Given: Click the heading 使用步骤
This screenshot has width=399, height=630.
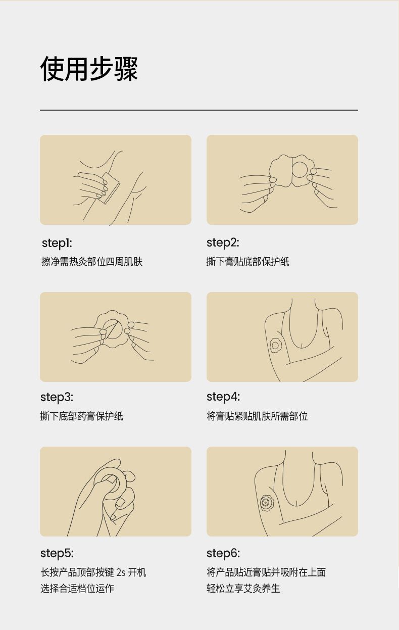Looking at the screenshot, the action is [89, 69].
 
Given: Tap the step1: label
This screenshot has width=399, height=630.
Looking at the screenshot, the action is [57, 243].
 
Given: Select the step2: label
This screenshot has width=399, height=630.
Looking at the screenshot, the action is [223, 243].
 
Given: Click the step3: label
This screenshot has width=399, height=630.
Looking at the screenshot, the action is [57, 397].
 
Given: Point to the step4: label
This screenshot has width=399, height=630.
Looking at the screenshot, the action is [223, 397].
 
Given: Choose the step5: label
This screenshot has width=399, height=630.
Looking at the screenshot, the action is [57, 553].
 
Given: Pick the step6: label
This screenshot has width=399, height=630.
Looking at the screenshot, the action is [223, 553].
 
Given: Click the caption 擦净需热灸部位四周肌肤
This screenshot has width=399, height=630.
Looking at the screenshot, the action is [92, 262].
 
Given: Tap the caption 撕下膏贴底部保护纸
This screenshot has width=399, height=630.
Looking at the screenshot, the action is [247, 262].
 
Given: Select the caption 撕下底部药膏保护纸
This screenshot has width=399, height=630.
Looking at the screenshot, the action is [81, 416].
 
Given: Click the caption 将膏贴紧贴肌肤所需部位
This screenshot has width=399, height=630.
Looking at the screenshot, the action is [257, 416].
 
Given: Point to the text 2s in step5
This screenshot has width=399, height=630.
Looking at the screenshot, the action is [121, 572].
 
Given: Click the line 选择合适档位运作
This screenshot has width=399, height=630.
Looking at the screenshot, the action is [77, 589].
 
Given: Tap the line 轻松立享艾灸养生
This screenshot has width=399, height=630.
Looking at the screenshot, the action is [243, 589].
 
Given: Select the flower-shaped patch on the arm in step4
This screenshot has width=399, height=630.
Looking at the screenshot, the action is [275, 345].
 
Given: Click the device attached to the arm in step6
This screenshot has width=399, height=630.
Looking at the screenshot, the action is [266, 502].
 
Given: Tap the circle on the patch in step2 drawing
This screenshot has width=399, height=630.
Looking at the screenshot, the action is [300, 169].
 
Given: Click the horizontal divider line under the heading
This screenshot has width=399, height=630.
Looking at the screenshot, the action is [199, 110].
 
